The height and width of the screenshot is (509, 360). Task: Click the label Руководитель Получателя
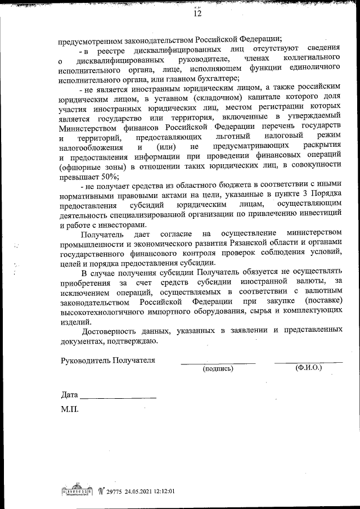click(108, 360)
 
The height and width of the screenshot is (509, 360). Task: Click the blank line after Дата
click(118, 397)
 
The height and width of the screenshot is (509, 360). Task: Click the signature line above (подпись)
click(218, 363)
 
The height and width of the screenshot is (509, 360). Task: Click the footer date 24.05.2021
click(138, 490)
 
